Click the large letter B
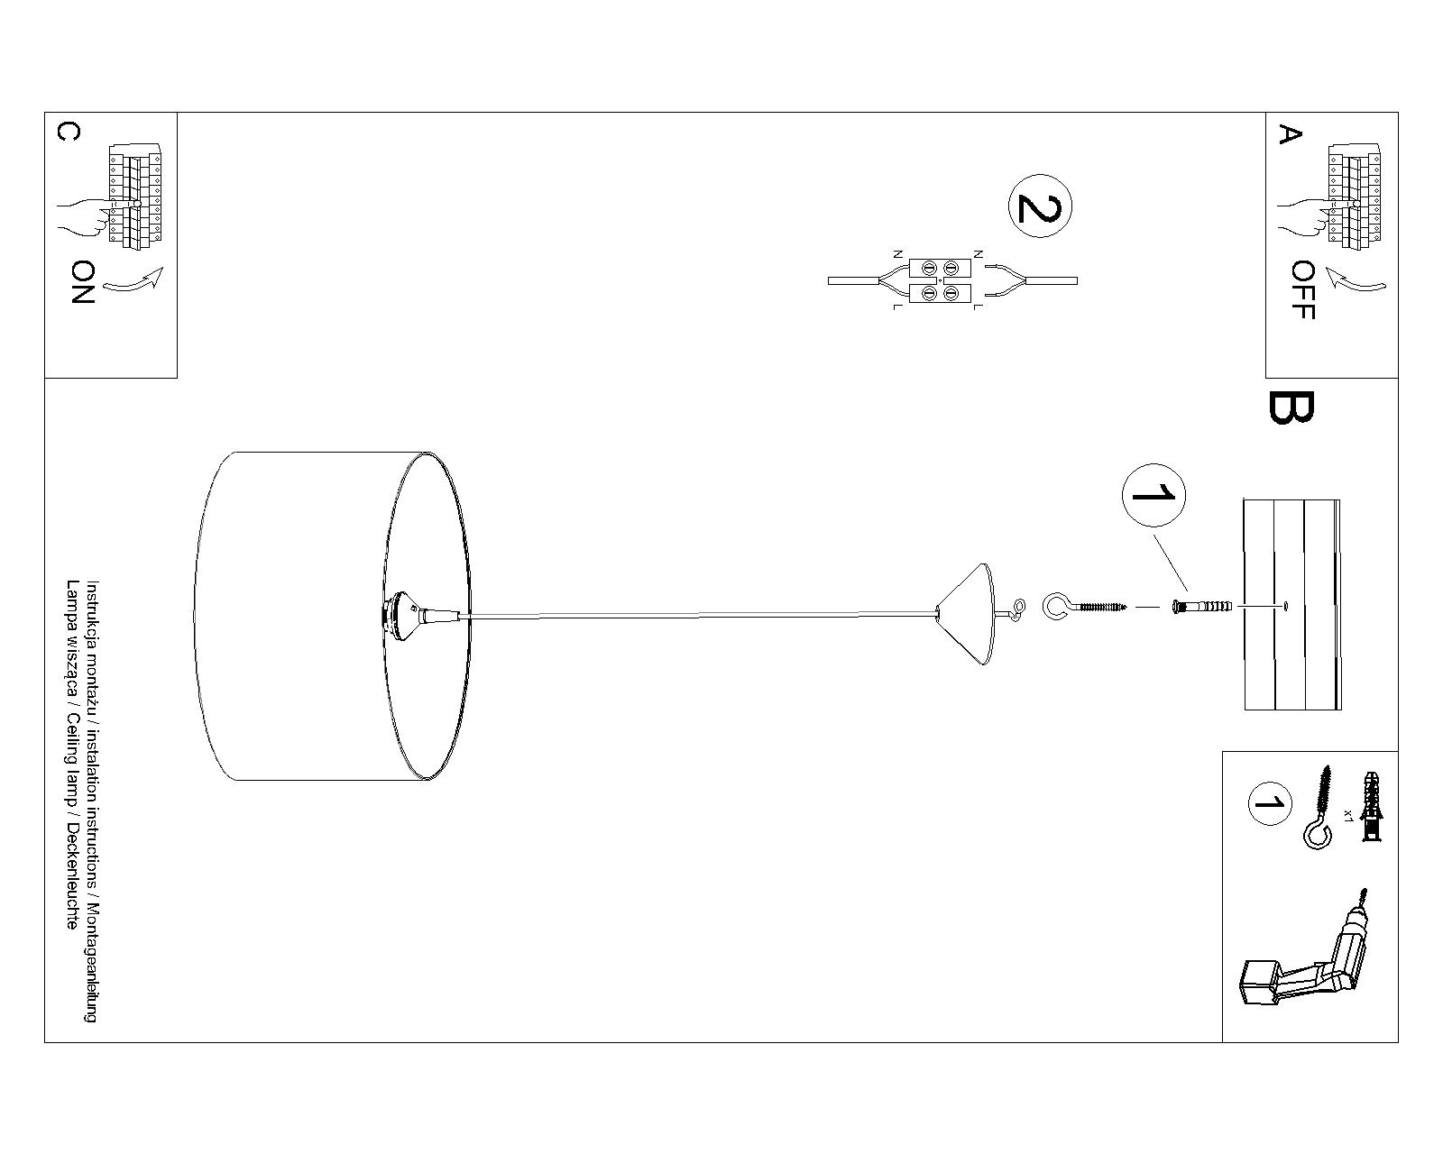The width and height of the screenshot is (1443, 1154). point(1291,408)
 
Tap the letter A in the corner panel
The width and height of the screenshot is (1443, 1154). point(1290,135)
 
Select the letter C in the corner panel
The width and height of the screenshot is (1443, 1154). point(68,132)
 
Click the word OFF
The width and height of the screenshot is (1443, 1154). point(1302,290)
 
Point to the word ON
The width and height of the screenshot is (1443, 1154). point(82,282)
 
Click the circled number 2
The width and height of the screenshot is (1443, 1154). point(1039,206)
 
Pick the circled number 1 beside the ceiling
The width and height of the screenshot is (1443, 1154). point(1153,494)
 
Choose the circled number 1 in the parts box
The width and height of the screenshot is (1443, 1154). point(1269,803)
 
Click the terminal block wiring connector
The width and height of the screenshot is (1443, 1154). point(939,280)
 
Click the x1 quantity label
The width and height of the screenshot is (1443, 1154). point(1347,814)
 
